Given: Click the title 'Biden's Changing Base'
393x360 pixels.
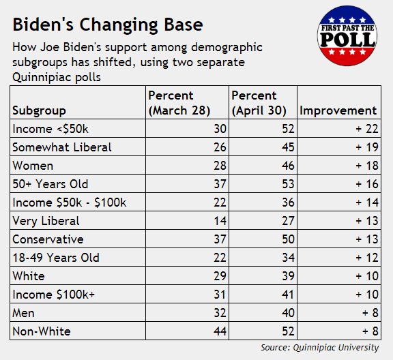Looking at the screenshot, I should pos(108,25).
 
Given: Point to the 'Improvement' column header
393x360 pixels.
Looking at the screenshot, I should pos(338,110).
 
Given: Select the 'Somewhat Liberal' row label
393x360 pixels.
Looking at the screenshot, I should pos(62,147).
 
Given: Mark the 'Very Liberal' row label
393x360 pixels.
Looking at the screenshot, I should pos(46,221).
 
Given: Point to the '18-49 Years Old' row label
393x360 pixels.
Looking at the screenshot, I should pos(56,258).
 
